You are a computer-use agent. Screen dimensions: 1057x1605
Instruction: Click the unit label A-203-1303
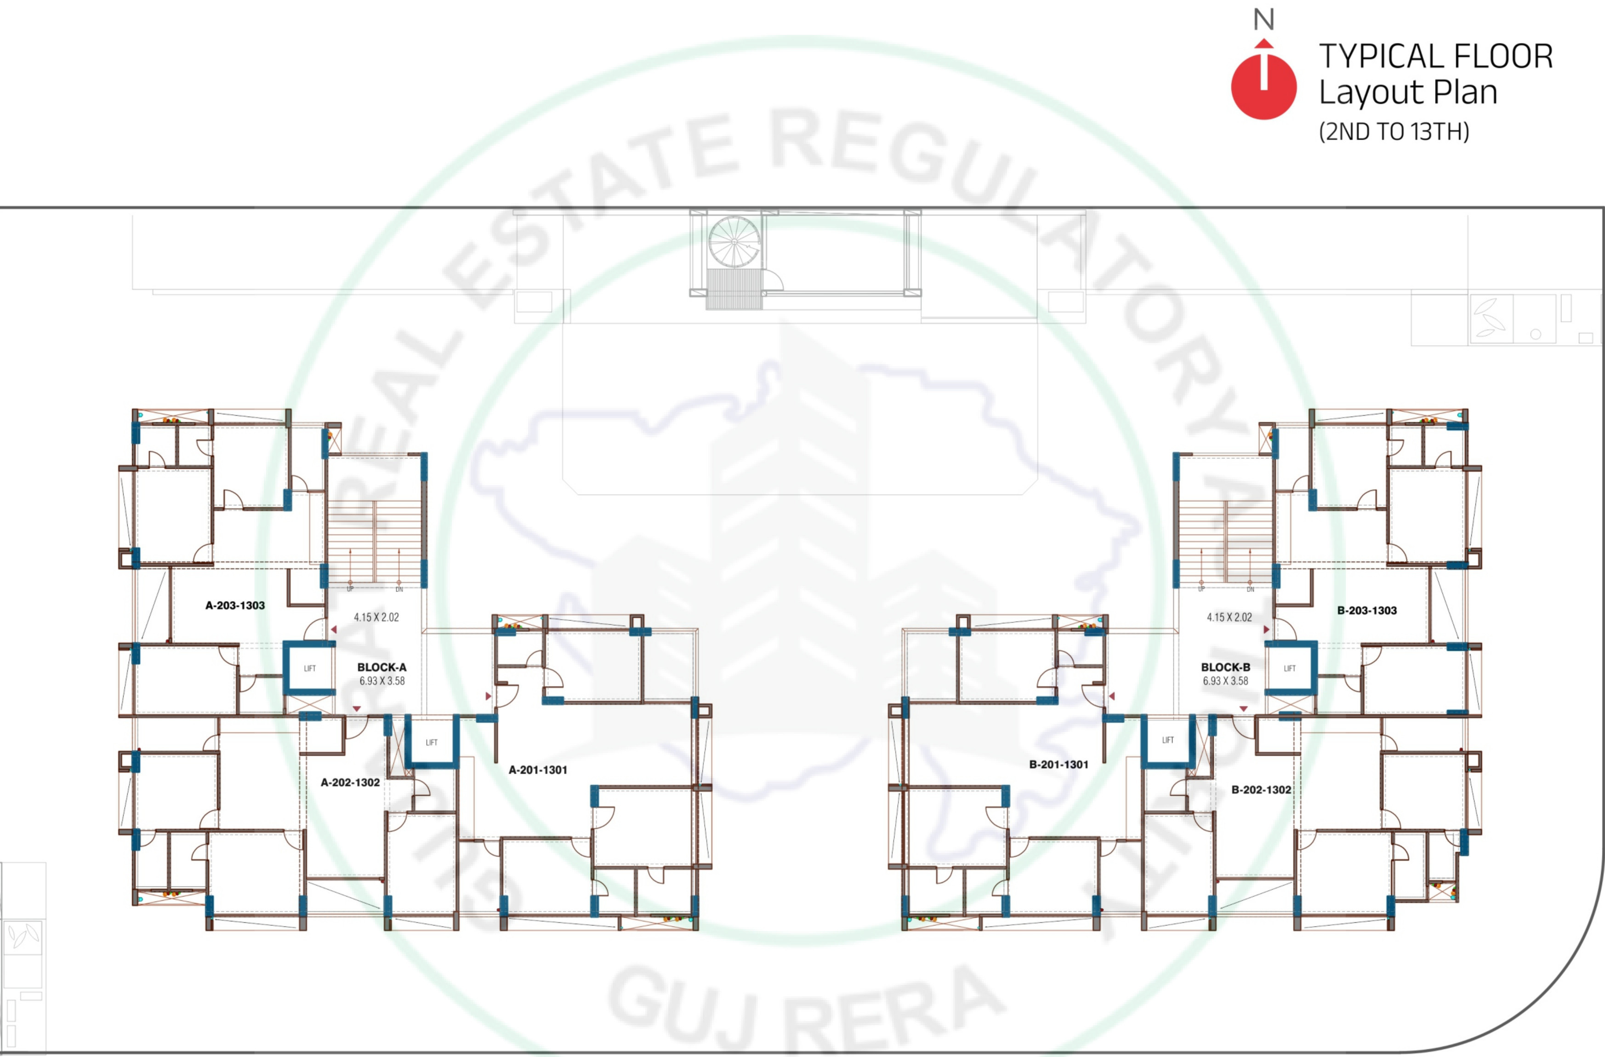(x=235, y=605)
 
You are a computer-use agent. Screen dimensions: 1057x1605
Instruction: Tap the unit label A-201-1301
(x=537, y=770)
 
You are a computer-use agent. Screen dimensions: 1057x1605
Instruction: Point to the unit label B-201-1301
(x=1058, y=764)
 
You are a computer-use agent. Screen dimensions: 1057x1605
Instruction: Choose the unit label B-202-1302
(x=1260, y=790)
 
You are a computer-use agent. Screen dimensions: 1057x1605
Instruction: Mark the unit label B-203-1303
(x=1366, y=611)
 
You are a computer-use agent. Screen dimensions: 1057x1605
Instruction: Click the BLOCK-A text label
(x=381, y=667)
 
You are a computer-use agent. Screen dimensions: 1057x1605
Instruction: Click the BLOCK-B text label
(x=1224, y=667)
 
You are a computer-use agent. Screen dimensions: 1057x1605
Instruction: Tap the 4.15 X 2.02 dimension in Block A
(x=376, y=617)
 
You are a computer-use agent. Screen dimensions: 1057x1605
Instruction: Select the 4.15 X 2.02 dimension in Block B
(x=1229, y=617)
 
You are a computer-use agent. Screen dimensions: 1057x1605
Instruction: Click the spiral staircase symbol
(x=734, y=241)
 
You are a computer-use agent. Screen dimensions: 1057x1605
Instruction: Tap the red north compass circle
(x=1263, y=88)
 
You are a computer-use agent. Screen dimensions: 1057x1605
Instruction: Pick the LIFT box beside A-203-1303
(x=309, y=668)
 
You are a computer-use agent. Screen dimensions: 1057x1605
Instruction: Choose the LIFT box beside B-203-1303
(x=1289, y=668)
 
